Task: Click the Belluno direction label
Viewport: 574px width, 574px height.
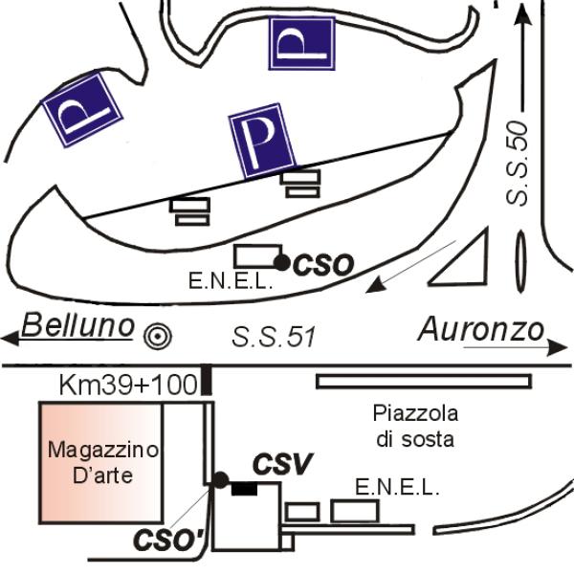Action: pos(78,326)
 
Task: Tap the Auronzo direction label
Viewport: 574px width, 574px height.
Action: pos(480,330)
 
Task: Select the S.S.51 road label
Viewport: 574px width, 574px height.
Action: pos(275,337)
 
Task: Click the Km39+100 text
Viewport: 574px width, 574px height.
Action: pos(128,385)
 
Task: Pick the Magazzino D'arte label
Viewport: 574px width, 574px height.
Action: pos(105,461)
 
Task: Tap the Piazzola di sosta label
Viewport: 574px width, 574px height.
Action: pos(414,428)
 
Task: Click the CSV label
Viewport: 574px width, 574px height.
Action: pos(282,465)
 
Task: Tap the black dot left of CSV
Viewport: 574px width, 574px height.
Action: pos(221,478)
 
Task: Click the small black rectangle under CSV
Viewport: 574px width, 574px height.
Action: pos(245,489)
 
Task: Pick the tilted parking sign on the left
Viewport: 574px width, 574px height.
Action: pos(82,112)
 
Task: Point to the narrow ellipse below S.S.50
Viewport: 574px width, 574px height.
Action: pos(521,262)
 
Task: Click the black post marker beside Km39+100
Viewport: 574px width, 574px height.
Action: pos(208,381)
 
